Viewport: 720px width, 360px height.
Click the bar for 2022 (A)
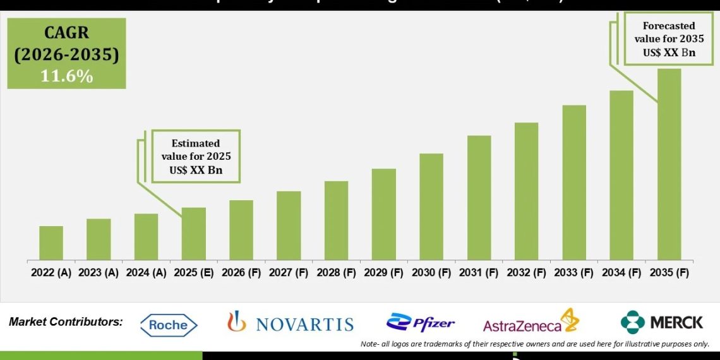[51, 243]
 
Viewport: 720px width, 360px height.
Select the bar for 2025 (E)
[193, 234]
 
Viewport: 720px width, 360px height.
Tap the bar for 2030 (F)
[431, 207]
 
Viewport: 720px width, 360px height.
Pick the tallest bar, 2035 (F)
[669, 164]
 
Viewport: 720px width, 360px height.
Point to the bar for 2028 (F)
[336, 220]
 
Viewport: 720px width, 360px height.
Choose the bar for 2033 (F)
[573, 183]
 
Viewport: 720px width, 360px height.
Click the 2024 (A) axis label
[146, 273]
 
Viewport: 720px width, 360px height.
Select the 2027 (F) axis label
[289, 273]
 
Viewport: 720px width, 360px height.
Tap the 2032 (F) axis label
[526, 273]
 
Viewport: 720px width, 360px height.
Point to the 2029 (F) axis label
[383, 273]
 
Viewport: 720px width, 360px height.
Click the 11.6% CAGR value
[66, 76]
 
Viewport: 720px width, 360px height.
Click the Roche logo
[169, 325]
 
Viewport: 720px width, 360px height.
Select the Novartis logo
[291, 323]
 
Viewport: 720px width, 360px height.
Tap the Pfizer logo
[421, 323]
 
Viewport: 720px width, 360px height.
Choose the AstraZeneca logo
[531, 322]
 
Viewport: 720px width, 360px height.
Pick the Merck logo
[661, 322]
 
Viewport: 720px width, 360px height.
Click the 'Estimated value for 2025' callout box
[195, 157]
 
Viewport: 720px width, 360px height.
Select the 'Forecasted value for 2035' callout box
[669, 39]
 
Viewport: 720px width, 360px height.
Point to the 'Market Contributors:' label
[66, 322]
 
